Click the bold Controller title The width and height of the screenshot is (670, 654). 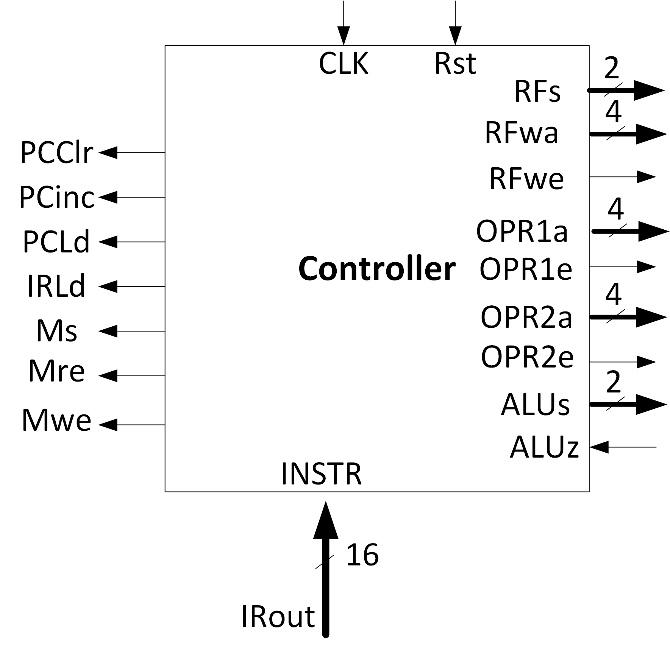(x=376, y=269)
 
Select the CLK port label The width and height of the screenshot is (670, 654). (x=343, y=63)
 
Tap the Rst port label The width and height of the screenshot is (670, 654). (x=455, y=63)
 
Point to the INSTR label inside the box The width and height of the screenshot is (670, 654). (x=321, y=473)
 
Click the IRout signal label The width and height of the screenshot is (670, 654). (x=278, y=617)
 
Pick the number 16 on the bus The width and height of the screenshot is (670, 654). (x=362, y=555)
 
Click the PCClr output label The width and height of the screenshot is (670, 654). (x=56, y=153)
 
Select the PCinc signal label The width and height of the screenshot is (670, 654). (x=56, y=197)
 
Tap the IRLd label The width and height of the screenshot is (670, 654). (x=56, y=286)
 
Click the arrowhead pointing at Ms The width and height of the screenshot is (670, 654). (x=108, y=331)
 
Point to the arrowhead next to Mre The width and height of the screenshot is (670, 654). (x=108, y=376)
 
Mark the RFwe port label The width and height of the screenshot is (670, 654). (x=526, y=178)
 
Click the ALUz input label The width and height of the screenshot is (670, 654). (x=544, y=447)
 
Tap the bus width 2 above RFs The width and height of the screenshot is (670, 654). (x=611, y=69)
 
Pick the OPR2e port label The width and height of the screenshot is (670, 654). (x=527, y=357)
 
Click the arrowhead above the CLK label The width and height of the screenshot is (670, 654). (x=344, y=36)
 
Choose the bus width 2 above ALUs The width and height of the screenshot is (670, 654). (x=613, y=382)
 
